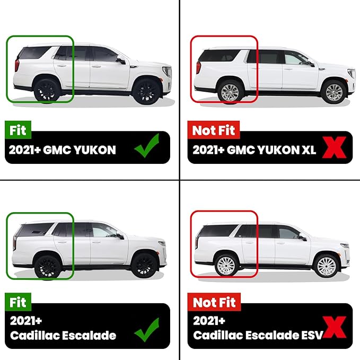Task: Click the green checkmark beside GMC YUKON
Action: tap(147, 146)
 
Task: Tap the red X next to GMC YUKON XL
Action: tap(334, 147)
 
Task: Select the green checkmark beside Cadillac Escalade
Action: tap(147, 330)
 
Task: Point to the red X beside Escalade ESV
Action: tap(334, 327)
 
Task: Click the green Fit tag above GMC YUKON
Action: tap(18, 130)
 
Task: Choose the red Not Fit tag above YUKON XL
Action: tap(214, 130)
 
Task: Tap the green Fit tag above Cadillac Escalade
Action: tap(18, 302)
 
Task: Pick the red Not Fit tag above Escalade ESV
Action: tap(214, 302)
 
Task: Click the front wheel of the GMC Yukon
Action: tap(147, 91)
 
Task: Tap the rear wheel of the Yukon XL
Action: tap(230, 92)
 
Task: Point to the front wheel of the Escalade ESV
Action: tap(326, 266)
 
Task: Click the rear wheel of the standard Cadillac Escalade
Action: tap(48, 268)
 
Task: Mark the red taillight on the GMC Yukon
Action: tap(17, 65)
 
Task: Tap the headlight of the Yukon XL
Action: tap(352, 74)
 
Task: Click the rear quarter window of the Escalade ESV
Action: tap(217, 231)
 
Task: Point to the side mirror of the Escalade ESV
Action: tap(303, 238)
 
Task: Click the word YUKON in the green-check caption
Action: tap(95, 150)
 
